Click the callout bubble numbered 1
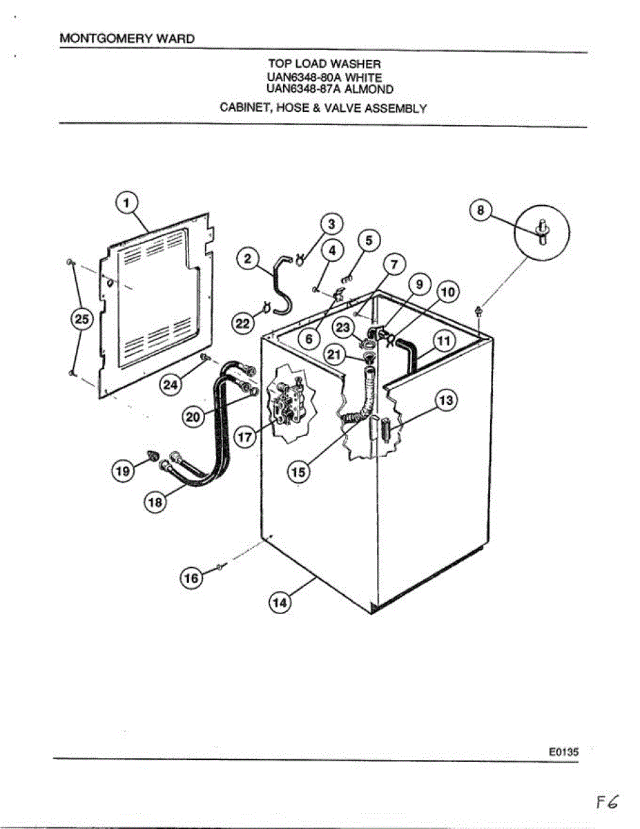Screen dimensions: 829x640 tap(126, 202)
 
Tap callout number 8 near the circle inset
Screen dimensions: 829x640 tap(481, 209)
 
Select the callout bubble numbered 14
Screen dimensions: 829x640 tap(280, 602)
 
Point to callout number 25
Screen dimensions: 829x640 tap(82, 319)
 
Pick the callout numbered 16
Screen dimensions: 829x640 tap(191, 578)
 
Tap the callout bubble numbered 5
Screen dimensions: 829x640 tap(369, 240)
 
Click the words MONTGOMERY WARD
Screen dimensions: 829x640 tap(127, 39)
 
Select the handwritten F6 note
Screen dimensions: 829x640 tap(607, 802)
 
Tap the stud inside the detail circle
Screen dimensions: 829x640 tap(542, 231)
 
